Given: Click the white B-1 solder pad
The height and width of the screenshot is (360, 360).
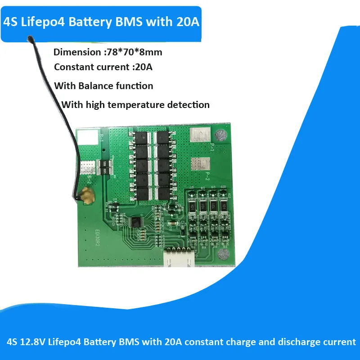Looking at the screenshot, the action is (88, 136).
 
